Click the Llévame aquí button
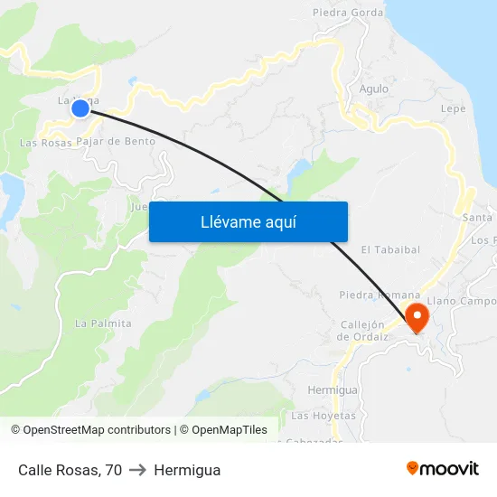248,221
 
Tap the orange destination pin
417,317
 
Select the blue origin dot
80,108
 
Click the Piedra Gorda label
348,13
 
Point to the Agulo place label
373,89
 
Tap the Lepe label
453,108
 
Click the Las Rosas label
45,143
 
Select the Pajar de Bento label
116,141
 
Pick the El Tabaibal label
390,249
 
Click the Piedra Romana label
380,295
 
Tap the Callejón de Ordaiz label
362,331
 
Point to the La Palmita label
103,323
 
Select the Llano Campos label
462,301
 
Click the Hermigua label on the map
333,389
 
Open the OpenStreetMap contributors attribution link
96,430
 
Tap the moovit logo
443,468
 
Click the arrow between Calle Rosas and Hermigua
138,470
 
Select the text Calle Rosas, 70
70,470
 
